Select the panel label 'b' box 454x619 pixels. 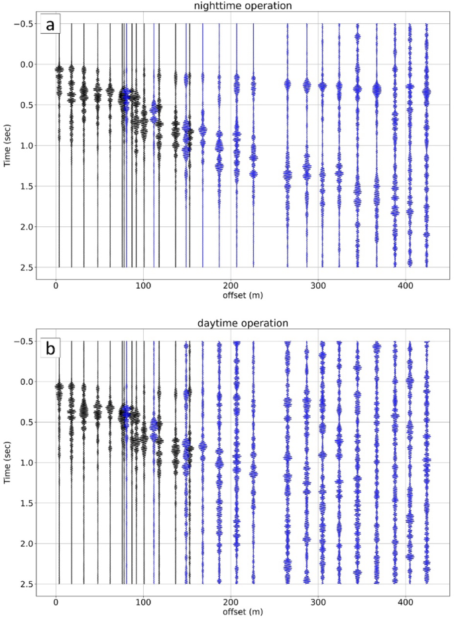50,348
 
